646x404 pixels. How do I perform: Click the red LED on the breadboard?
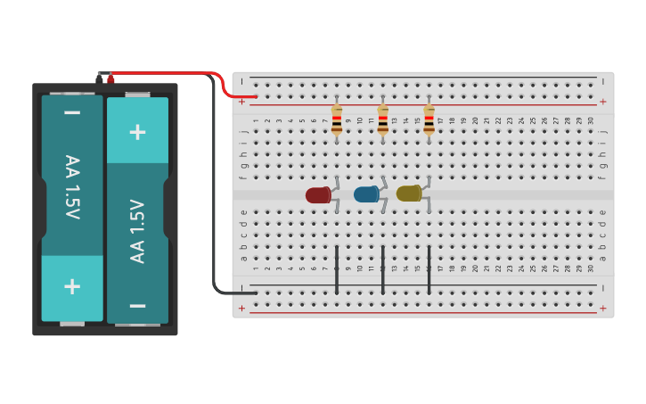(x=318, y=195)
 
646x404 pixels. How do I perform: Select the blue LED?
(x=366, y=194)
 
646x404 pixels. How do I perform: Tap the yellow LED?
(x=409, y=194)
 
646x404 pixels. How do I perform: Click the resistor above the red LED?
(x=337, y=120)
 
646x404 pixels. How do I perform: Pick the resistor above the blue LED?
(x=383, y=120)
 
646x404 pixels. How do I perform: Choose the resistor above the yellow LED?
(x=429, y=120)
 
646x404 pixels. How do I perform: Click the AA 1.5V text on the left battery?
(x=72, y=187)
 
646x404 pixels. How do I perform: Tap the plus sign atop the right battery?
(x=137, y=132)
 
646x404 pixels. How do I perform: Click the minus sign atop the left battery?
(x=72, y=113)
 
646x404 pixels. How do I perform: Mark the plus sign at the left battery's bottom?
(x=72, y=286)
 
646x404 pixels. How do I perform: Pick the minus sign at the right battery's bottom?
(x=137, y=305)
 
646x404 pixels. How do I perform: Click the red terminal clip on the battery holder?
(x=110, y=79)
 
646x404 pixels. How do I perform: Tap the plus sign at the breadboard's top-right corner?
(x=602, y=102)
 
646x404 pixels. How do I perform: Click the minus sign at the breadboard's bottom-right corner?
(x=602, y=288)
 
